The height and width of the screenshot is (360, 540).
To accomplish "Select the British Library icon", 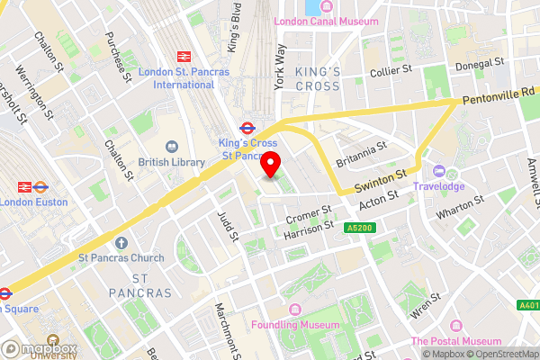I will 171,146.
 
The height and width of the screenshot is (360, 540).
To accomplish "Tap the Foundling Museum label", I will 296,324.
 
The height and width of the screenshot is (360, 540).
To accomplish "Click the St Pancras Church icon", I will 121,241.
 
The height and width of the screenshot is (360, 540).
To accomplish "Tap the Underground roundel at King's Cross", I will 247,128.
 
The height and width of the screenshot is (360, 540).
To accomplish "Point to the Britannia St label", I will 360,152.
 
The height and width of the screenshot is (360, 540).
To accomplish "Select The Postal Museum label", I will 456,341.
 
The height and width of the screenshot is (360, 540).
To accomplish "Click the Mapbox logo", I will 40,348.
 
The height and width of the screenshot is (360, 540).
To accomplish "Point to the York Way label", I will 280,65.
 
